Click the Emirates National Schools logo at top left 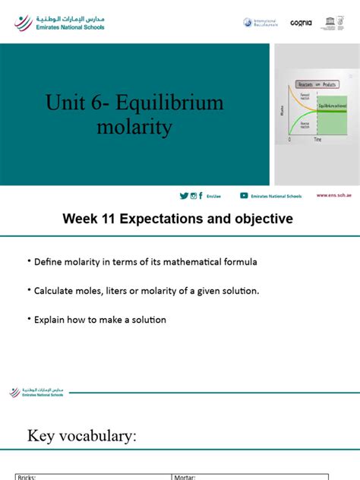[59, 23]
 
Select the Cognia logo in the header [301, 24]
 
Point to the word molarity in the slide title [134, 127]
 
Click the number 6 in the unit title [93, 103]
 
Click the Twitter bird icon [184, 196]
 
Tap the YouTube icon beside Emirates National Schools [245, 196]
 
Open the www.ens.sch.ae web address [333, 196]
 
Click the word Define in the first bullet [49, 263]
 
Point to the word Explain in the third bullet [51, 320]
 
